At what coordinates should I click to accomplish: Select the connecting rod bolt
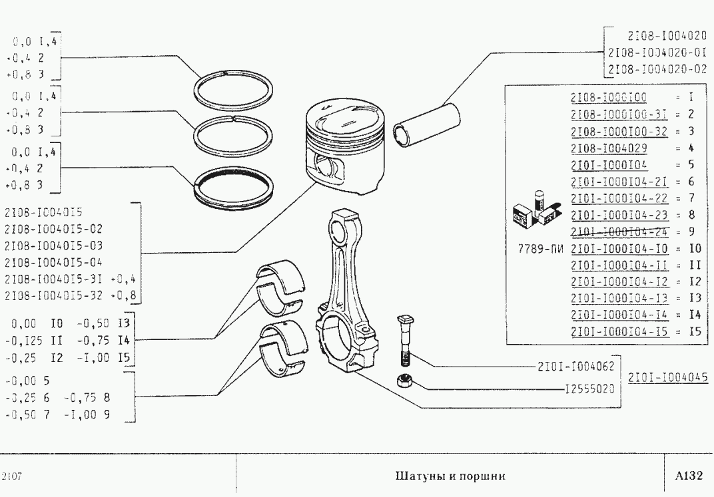[402, 341]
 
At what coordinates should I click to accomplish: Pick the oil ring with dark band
[234, 183]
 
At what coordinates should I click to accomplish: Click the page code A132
[688, 476]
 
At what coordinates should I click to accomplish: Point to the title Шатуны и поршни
[451, 476]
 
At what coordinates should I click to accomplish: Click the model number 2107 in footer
[13, 476]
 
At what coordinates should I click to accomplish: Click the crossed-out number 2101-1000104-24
[619, 232]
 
